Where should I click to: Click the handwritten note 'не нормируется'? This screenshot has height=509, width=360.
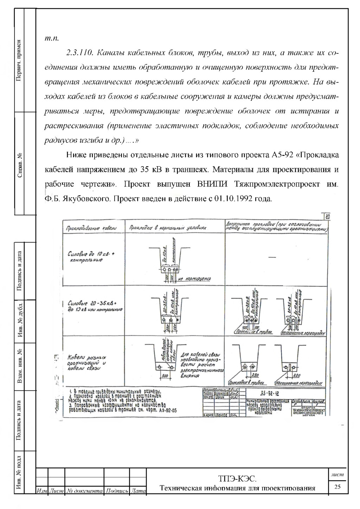(x=194, y=279)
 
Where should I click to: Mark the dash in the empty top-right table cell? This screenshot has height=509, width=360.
(x=272, y=257)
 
